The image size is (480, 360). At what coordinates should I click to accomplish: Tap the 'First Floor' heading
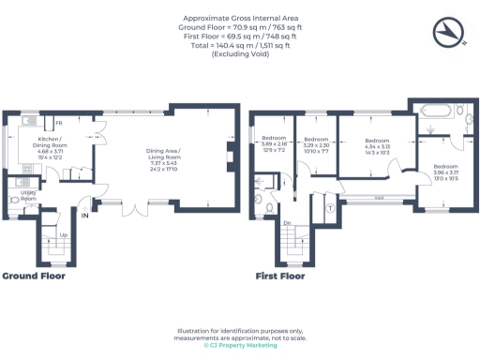point(281,277)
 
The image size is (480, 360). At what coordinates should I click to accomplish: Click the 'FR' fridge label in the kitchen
point(58,123)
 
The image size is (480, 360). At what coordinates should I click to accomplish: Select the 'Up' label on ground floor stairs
point(63,234)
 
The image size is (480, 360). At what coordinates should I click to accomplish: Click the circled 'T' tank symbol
point(329,207)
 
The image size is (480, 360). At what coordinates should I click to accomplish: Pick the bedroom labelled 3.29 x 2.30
point(314,145)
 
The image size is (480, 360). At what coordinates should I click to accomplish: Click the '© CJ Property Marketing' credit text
point(240,346)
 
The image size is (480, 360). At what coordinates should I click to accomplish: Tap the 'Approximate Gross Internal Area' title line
point(240,18)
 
